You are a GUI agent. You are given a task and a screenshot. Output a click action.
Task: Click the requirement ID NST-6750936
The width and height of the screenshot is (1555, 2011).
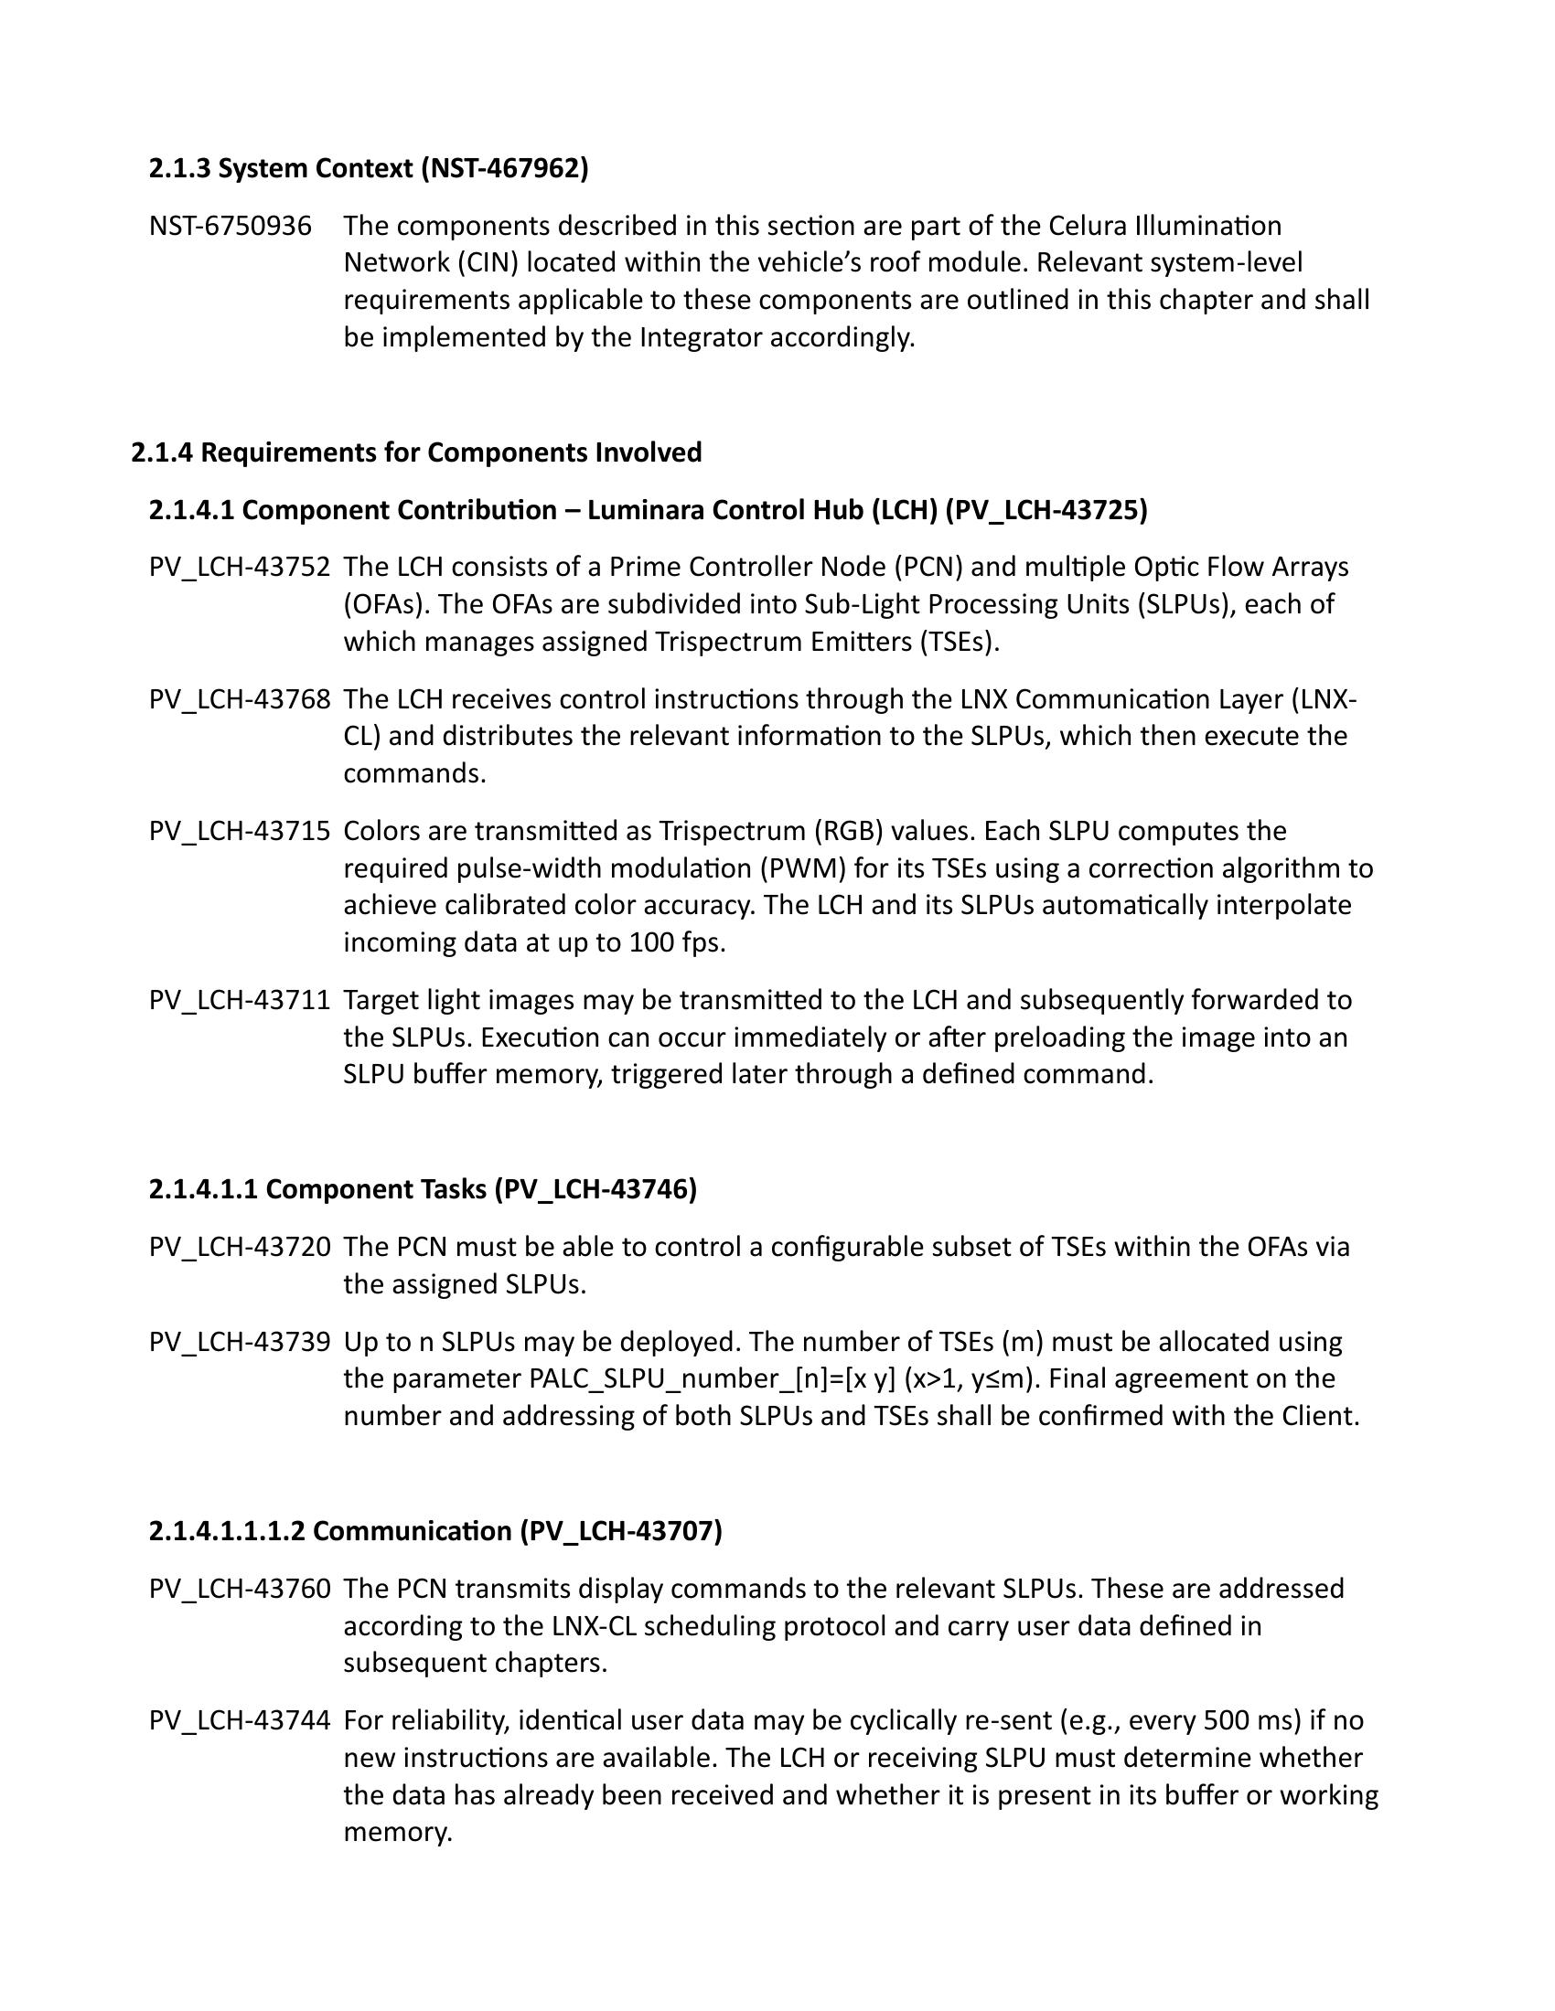(x=231, y=226)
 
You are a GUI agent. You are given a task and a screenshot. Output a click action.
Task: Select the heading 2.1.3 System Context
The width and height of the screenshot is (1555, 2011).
(x=369, y=168)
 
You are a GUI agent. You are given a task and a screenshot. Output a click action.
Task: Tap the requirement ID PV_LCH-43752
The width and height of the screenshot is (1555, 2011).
(x=240, y=568)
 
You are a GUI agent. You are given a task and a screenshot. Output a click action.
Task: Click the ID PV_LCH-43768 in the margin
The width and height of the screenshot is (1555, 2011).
(x=240, y=700)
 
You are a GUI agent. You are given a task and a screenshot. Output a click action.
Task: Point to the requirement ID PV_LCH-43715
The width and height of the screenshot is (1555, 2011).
(x=240, y=832)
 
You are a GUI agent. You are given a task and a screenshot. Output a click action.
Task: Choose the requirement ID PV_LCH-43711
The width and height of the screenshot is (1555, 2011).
(x=240, y=1000)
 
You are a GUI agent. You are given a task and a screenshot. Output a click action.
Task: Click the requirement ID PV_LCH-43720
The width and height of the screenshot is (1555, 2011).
(x=240, y=1247)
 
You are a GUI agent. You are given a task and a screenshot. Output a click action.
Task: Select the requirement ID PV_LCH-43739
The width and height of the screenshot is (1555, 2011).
(x=240, y=1342)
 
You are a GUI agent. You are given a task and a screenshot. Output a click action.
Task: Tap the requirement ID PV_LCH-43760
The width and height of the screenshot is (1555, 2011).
(x=240, y=1589)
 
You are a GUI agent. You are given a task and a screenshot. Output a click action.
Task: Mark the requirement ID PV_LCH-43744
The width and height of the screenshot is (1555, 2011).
(x=240, y=1720)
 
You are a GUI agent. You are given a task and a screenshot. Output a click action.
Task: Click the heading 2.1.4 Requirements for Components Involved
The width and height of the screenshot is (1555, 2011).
(x=416, y=452)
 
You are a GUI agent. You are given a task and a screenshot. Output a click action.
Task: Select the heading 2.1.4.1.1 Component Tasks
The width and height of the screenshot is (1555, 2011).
(x=423, y=1189)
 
